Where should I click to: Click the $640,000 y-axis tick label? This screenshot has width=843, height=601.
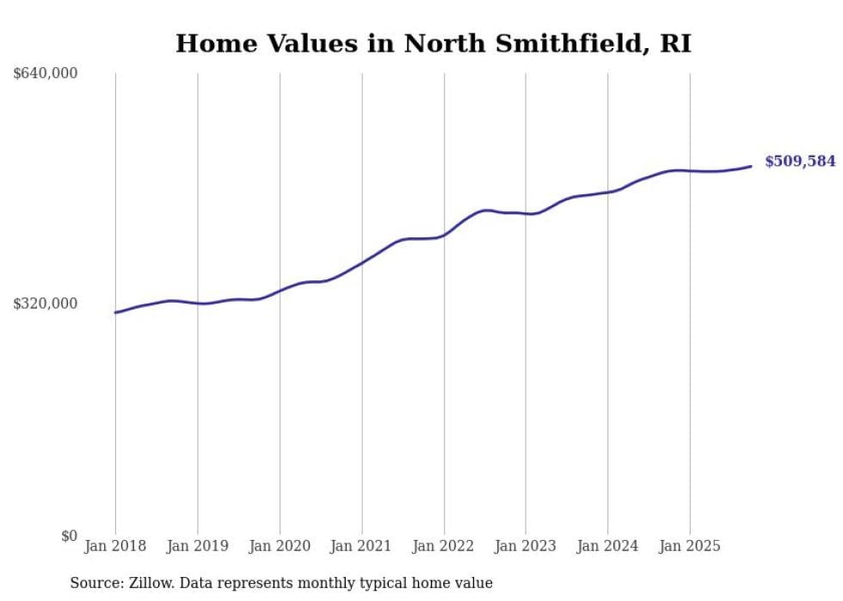click(45, 74)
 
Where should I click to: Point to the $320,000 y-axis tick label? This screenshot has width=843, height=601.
click(45, 304)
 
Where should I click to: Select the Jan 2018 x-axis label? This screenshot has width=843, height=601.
click(115, 546)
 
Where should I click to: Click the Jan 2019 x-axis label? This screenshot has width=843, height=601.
click(197, 546)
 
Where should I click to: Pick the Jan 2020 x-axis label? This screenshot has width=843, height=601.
click(280, 546)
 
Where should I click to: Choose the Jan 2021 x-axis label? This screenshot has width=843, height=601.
click(361, 546)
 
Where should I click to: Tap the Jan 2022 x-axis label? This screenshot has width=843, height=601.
click(444, 546)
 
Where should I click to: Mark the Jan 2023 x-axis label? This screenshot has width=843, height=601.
click(526, 546)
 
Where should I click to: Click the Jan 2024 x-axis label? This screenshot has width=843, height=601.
click(607, 546)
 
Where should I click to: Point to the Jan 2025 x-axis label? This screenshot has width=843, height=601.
click(690, 546)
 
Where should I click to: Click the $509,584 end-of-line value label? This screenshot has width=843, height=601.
click(800, 161)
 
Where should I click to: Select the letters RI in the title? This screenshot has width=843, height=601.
click(675, 43)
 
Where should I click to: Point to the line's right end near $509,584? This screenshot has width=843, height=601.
click(751, 166)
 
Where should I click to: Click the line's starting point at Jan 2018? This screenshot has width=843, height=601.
click(115, 312)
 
